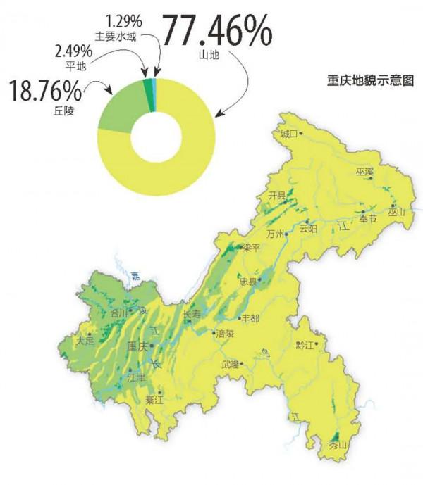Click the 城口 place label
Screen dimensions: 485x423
point(288,134)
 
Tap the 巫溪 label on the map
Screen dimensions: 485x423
point(364,172)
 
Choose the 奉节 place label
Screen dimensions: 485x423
point(368,219)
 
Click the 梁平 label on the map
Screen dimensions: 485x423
point(252,248)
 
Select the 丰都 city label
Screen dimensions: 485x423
point(251,318)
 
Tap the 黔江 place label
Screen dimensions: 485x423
point(306,345)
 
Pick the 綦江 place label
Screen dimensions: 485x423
point(154,400)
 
